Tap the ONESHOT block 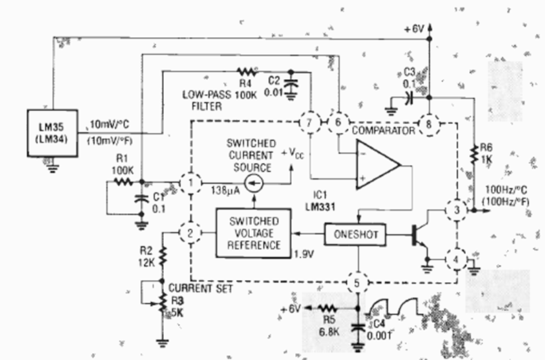pyautogui.click(x=356, y=233)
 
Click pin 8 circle pyautogui.click(x=429, y=125)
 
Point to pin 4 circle pyautogui.click(x=454, y=260)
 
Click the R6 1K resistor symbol pyautogui.click(x=474, y=155)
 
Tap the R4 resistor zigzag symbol pyautogui.click(x=246, y=71)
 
